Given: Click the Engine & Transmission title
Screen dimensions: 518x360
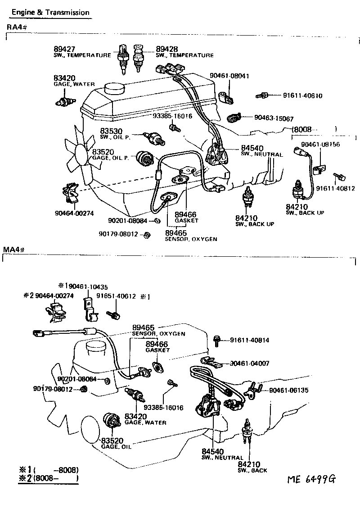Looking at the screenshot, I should (50, 13).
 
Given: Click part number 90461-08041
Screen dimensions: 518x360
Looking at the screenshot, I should (229, 76).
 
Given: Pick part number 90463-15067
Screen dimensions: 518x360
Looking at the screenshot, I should (274, 118).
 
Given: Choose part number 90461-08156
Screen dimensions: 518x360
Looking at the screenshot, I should (320, 145).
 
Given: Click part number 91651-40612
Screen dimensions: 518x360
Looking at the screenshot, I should (116, 296).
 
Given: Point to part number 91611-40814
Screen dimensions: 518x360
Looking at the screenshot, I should (249, 340).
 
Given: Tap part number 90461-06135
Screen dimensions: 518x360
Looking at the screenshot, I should (289, 390).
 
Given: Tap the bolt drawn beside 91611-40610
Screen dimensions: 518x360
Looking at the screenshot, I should (262, 95).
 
